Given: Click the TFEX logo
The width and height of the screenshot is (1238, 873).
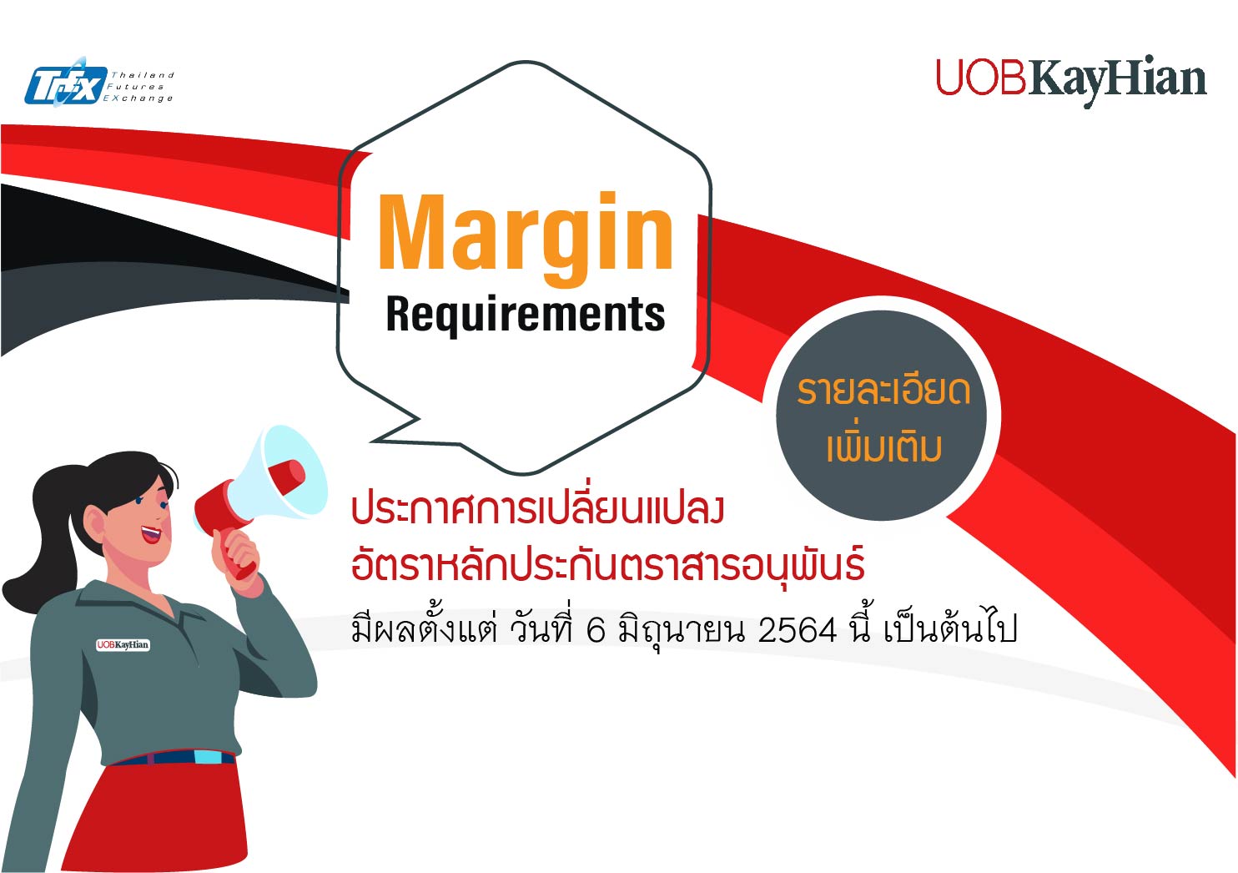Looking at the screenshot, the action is [x=99, y=82].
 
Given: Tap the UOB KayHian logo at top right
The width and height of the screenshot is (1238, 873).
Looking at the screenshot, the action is [x=1071, y=81].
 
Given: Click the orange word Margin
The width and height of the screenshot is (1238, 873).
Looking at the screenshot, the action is [x=526, y=239].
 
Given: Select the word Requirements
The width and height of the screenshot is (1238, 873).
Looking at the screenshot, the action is [x=526, y=315].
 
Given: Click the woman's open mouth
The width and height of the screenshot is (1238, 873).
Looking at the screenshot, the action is [x=150, y=534].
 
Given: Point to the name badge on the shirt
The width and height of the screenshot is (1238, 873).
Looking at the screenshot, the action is [x=123, y=644].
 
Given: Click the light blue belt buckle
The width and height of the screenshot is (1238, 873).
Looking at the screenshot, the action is [x=207, y=757].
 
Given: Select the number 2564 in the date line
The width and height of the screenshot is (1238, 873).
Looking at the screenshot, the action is [x=797, y=630].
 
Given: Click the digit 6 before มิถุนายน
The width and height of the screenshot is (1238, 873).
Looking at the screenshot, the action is [x=596, y=630].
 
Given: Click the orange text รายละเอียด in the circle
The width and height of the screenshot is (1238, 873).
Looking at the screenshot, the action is [x=883, y=391].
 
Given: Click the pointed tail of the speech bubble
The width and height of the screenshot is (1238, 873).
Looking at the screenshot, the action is [x=371, y=442].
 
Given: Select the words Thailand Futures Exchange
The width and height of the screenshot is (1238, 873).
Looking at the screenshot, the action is [x=139, y=87].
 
